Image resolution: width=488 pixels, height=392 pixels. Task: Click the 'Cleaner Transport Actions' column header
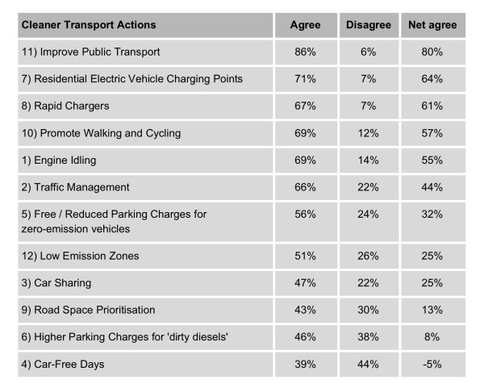89,25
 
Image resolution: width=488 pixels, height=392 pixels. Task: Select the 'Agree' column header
306,25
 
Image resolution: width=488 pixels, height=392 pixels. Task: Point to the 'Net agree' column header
432,25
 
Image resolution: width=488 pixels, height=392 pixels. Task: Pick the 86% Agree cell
306,52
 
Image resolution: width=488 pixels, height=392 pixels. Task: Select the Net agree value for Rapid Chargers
432,106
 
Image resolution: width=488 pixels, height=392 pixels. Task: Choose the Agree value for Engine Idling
306,161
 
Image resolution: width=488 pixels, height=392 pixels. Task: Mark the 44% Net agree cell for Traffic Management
432,187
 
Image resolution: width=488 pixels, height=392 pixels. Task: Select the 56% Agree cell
306,215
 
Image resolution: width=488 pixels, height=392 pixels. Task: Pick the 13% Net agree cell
432,310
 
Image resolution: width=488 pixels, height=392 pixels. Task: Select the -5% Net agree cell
432,364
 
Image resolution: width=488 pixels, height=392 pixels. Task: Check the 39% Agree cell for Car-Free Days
306,364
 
